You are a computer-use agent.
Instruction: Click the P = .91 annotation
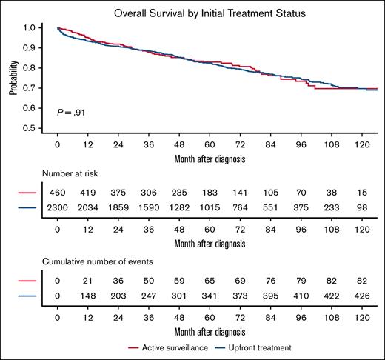coord(71,112)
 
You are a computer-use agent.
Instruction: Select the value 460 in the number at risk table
coord(57,192)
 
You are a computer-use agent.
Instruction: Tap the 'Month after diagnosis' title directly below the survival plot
coord(209,159)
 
